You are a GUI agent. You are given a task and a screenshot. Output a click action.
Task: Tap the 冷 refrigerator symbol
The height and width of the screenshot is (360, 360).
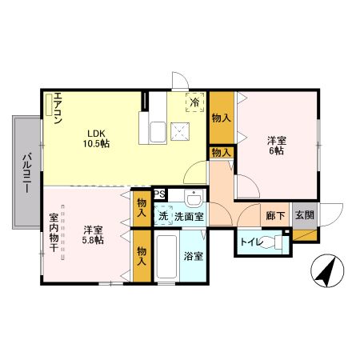[x=194, y=102]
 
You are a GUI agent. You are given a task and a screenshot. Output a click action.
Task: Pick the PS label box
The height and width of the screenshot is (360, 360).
[x=159, y=194]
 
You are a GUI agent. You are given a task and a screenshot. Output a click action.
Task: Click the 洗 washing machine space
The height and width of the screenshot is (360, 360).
[x=162, y=215]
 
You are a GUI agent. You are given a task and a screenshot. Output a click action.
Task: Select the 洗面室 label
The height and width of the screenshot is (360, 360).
[x=189, y=215]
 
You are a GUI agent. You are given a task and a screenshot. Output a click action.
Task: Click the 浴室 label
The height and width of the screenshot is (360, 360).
[x=193, y=258]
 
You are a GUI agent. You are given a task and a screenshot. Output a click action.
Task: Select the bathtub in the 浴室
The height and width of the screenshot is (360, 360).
[x=168, y=258]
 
